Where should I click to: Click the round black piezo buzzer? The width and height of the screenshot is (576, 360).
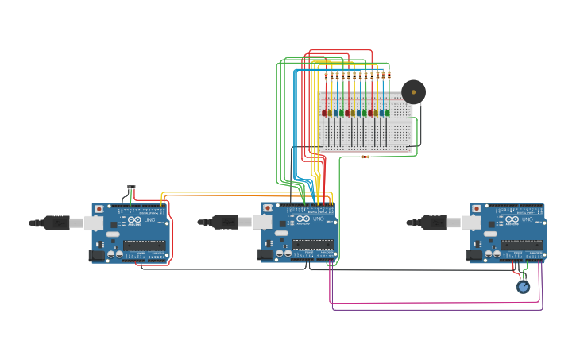click(413, 91)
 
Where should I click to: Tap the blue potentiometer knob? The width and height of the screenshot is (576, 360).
click(523, 287)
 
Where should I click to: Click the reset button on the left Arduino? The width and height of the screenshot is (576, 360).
click(99, 209)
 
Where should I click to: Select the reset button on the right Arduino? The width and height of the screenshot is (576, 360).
click(477, 209)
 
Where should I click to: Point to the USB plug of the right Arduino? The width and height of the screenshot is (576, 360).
click(435, 223)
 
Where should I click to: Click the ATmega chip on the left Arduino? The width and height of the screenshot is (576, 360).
click(144, 246)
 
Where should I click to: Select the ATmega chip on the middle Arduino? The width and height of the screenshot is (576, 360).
click(313, 245)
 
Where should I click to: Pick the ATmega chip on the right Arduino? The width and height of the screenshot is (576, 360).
click(522, 245)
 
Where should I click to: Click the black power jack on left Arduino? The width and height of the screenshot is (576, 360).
click(96, 255)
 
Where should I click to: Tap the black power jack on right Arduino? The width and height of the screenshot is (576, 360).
click(474, 255)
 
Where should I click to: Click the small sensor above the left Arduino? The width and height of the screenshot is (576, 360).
click(131, 188)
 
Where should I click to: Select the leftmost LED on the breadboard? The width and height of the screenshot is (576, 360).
click(324, 113)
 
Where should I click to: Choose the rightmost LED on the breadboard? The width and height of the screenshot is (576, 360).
click(388, 113)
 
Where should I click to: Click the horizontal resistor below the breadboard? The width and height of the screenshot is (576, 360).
click(365, 157)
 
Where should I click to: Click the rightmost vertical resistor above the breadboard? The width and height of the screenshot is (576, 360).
click(389, 75)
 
